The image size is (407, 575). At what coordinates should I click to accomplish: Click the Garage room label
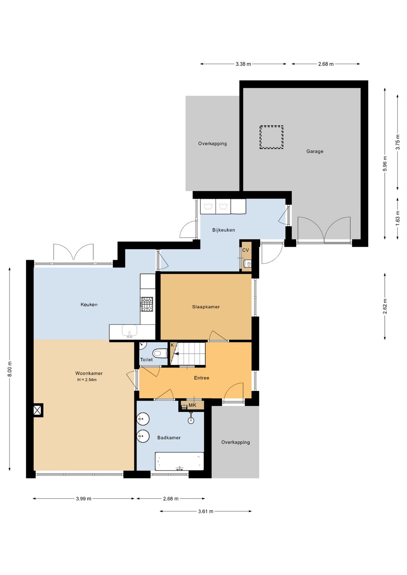(x=315, y=151)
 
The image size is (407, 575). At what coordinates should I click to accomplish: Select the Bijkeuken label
(x=223, y=230)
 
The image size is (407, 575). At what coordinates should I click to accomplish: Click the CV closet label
(x=245, y=250)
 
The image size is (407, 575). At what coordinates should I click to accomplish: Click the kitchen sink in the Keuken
(x=130, y=331)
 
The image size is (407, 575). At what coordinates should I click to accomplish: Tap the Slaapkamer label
(x=206, y=307)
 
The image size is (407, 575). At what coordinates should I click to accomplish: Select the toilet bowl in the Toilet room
(x=160, y=353)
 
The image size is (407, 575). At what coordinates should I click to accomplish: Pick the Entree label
(x=202, y=378)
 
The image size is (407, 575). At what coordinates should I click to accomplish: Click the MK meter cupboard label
(x=192, y=405)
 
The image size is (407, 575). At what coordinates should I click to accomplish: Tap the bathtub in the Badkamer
(x=179, y=461)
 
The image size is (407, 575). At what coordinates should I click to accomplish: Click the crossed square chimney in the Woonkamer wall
(x=38, y=410)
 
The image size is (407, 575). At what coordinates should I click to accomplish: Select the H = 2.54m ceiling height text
(x=87, y=380)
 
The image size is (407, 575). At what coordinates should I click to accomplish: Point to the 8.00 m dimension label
(x=10, y=369)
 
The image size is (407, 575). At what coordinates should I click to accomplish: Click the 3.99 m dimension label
(x=83, y=499)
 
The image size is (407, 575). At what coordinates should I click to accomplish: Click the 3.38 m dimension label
(x=243, y=64)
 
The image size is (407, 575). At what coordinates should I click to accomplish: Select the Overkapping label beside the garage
(x=213, y=144)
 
